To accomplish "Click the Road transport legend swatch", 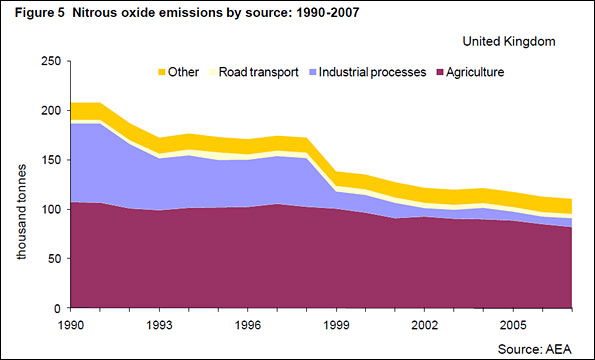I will pyautogui.click(x=212, y=73).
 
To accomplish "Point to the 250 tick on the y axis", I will pyautogui.click(x=51, y=62).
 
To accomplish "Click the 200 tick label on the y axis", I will pyautogui.click(x=51, y=111).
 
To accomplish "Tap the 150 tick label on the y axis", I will pyautogui.click(x=51, y=160).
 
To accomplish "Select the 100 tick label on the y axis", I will pyautogui.click(x=51, y=210).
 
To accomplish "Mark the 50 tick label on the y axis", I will pyautogui.click(x=54, y=259).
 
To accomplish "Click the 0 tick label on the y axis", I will pyautogui.click(x=58, y=308).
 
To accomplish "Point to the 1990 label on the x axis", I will pyautogui.click(x=71, y=326).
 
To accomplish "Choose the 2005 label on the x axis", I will pyautogui.click(x=513, y=326).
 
